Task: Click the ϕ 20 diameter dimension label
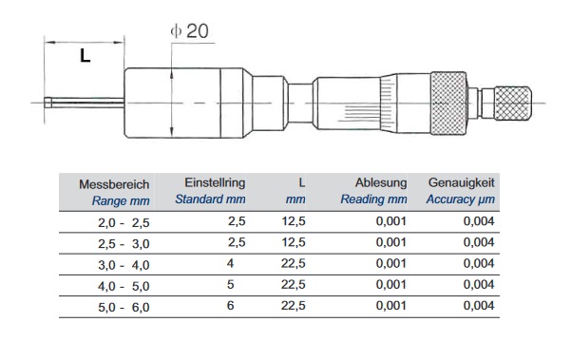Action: pyautogui.click(x=189, y=31)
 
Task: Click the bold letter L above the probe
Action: pyautogui.click(x=85, y=56)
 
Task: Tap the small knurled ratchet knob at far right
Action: pyautogui.click(x=513, y=104)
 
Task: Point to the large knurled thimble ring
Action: pyautogui.click(x=448, y=103)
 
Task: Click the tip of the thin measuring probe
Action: pyautogui.click(x=46, y=103)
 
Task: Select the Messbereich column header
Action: pyautogui.click(x=114, y=184)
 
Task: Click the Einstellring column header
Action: pyautogui.click(x=215, y=182)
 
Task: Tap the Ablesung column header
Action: pyautogui.click(x=381, y=182)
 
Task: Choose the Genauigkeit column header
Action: pyautogui.click(x=462, y=182)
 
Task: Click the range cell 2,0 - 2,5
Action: pyautogui.click(x=124, y=222)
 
